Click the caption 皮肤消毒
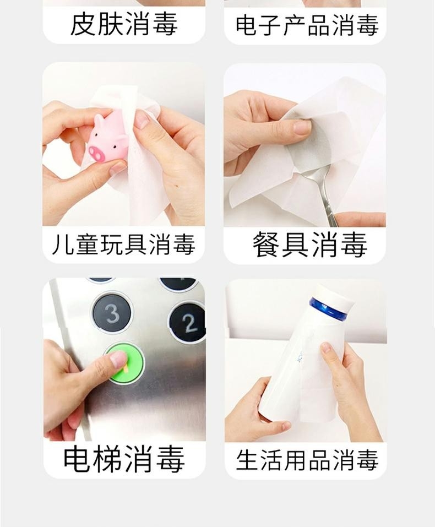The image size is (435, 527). [x=124, y=24]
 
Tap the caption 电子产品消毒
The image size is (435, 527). [x=307, y=25]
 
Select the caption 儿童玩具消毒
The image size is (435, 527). [x=123, y=245]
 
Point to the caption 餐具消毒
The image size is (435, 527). [x=309, y=245]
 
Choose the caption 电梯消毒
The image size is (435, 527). [x=124, y=459]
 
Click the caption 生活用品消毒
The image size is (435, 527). [x=307, y=460]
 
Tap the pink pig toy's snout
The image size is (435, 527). [x=97, y=153]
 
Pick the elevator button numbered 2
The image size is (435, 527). [x=188, y=322]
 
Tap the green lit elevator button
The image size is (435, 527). [x=124, y=363]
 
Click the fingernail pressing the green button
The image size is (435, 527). [x=118, y=360]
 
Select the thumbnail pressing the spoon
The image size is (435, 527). [x=302, y=127]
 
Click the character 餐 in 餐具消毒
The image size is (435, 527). [x=267, y=245]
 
